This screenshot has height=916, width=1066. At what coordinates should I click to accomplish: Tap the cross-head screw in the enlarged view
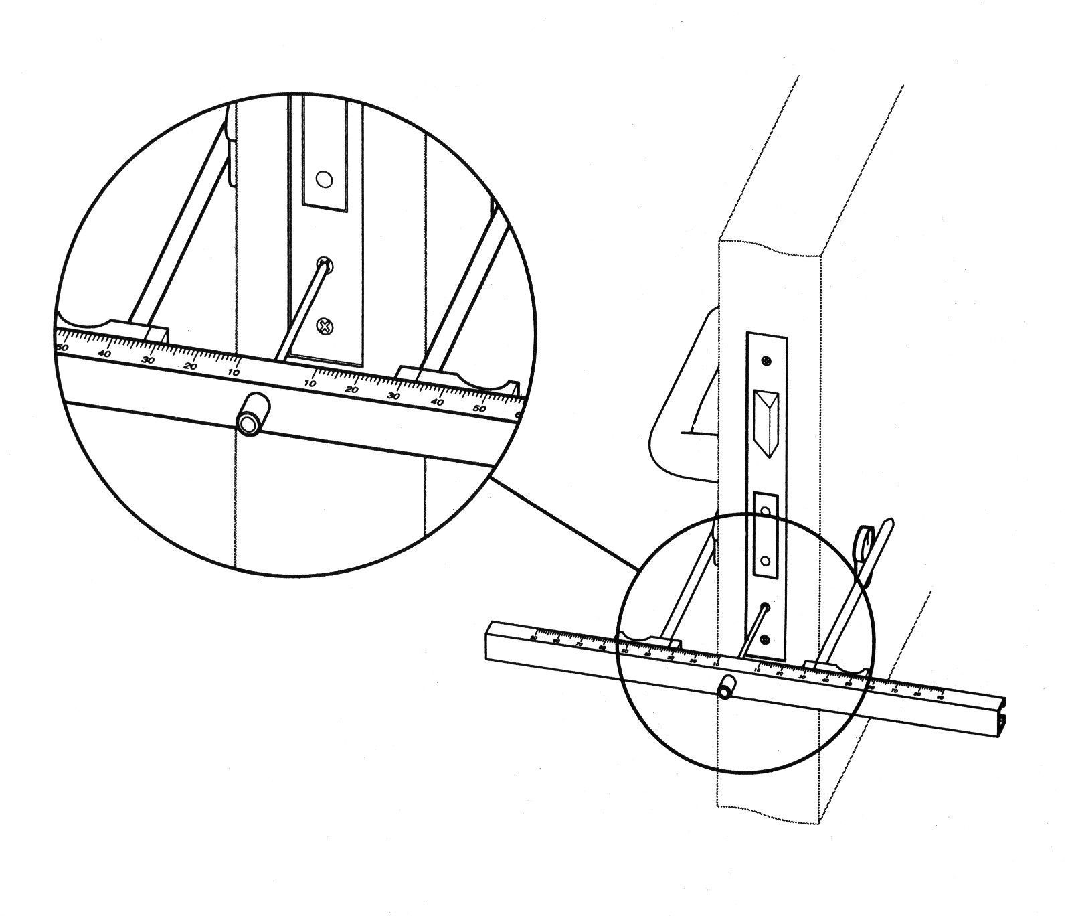325,327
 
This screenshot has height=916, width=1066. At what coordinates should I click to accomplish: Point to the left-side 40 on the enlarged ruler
104,354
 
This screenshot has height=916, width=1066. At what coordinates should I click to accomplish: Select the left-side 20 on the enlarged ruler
191,366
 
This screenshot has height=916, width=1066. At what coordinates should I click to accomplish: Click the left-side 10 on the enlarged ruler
234,372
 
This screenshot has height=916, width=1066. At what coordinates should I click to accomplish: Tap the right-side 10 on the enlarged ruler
310,383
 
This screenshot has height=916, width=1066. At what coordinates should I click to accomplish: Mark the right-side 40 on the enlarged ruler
438,402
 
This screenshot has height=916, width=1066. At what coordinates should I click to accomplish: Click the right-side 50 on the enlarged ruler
480,408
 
